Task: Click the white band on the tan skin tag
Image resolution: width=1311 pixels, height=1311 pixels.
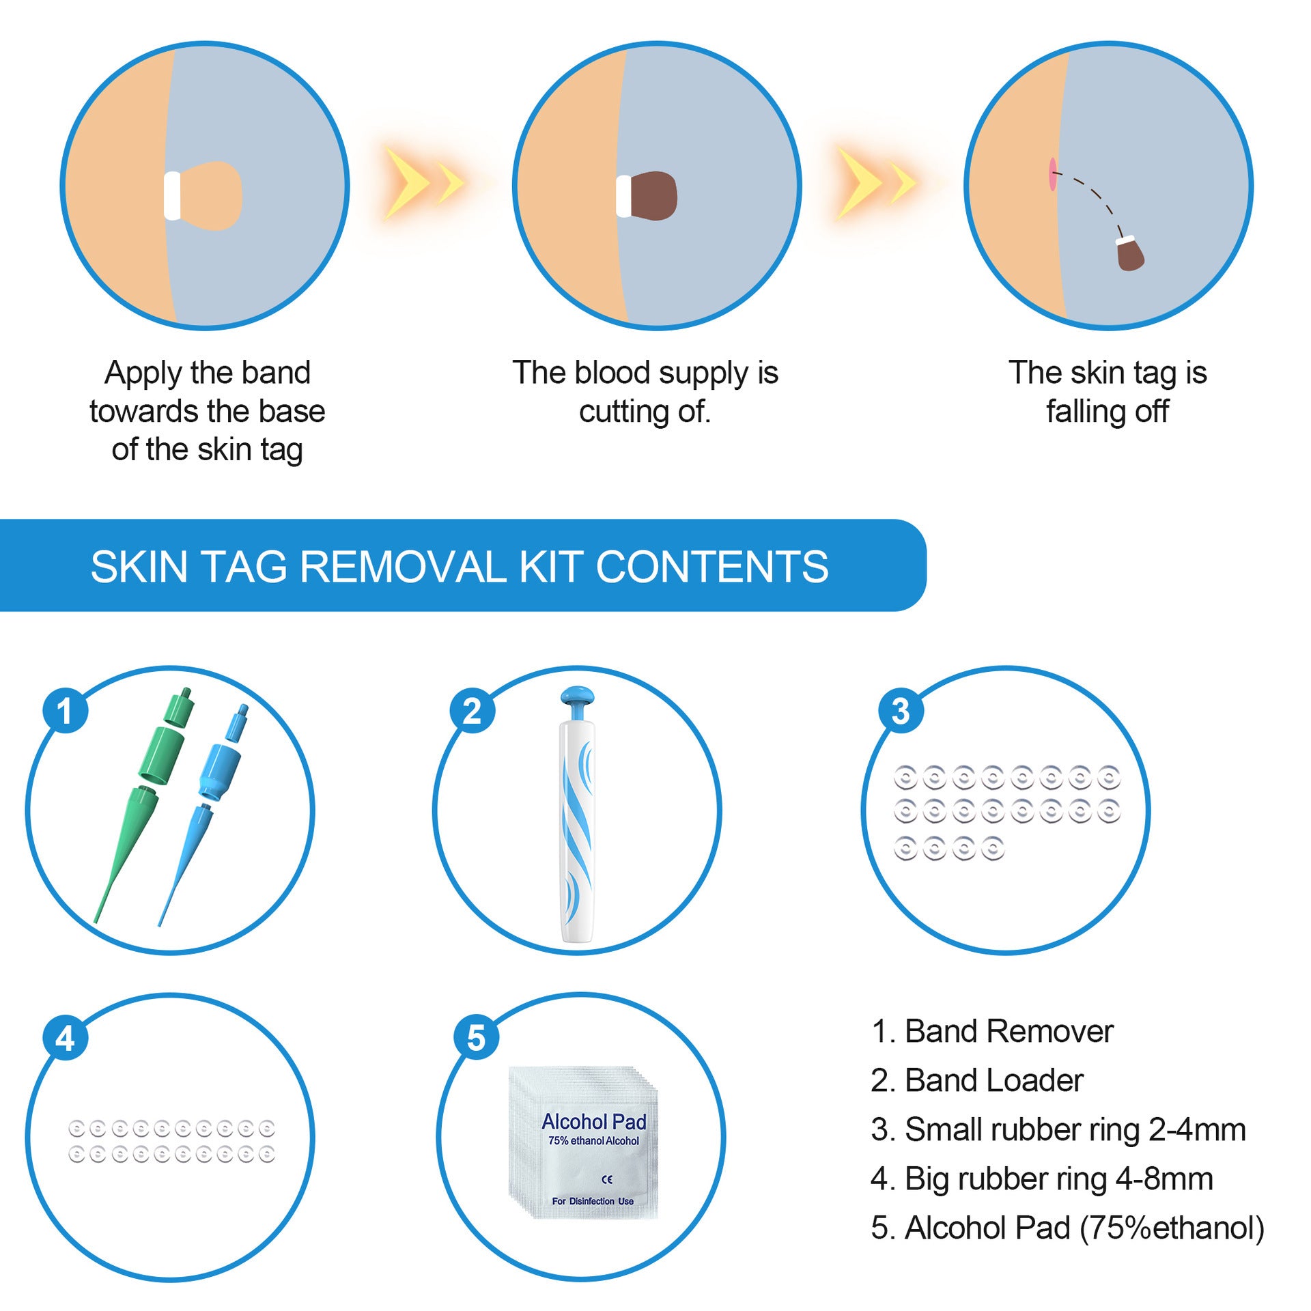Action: pos(173,196)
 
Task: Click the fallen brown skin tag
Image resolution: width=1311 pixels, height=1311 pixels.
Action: pos(1129,255)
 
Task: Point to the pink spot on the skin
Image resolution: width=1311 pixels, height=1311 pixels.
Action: pos(1052,174)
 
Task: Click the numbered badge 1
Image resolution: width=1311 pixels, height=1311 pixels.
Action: pos(65,711)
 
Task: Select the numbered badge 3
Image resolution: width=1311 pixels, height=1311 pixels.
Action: pos(901,711)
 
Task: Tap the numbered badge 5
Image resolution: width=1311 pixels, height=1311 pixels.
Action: pos(476,1039)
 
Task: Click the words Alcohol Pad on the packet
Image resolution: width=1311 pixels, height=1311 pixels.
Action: pos(593,1122)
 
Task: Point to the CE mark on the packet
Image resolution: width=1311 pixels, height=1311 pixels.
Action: pos(607,1179)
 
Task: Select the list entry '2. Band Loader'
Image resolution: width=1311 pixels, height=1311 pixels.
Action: pos(976,1081)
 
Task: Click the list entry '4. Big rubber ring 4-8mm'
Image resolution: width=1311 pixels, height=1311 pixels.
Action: pos(1041,1179)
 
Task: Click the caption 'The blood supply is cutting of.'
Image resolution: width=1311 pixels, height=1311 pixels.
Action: pos(645,392)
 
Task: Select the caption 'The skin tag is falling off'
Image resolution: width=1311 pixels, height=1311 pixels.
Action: pos(1108,392)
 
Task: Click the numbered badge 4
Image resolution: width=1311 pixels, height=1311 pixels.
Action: pos(65,1039)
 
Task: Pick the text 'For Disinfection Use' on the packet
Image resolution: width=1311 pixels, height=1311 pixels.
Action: pos(593,1201)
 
